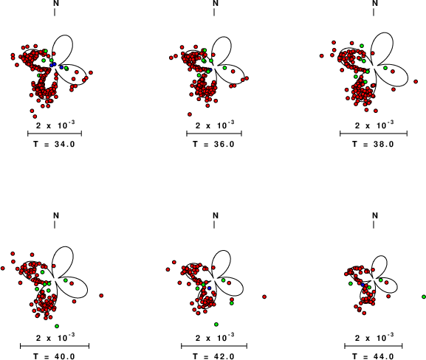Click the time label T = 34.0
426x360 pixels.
pyautogui.click(x=54, y=144)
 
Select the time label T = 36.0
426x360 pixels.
pyautogui.click(x=213, y=144)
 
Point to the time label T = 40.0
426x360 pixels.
pyautogui.click(x=54, y=356)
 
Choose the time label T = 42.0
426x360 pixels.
pyautogui.click(x=213, y=356)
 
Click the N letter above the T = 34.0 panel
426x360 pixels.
pyautogui.click(x=56, y=3)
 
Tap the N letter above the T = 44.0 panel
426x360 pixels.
pyautogui.click(x=375, y=215)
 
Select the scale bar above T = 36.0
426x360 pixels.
pyautogui.click(x=214, y=134)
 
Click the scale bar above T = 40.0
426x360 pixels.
pyautogui.click(x=55, y=346)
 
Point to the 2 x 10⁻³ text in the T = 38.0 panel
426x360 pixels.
pyautogui.click(x=374, y=125)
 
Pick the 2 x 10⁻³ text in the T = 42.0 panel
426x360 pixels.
pyautogui.click(x=215, y=337)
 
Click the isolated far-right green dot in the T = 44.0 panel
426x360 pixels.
pyautogui.click(x=424, y=297)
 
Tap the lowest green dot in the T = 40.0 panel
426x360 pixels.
pyautogui.click(x=57, y=326)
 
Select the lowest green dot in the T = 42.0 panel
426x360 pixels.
pyautogui.click(x=216, y=324)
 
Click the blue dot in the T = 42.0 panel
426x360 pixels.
pyautogui.click(x=209, y=288)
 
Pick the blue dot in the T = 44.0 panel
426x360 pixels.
pyautogui.click(x=363, y=285)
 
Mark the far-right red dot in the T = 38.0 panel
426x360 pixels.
pyautogui.click(x=416, y=81)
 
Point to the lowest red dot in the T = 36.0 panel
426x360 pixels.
pyautogui.click(x=190, y=114)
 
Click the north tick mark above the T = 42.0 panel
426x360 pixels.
pyautogui.click(x=214, y=224)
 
